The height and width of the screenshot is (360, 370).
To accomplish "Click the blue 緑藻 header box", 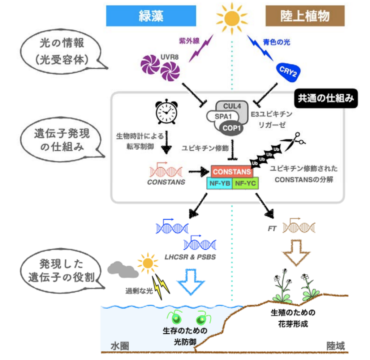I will [151, 16].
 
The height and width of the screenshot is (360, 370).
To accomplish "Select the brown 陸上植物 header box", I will [305, 16].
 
